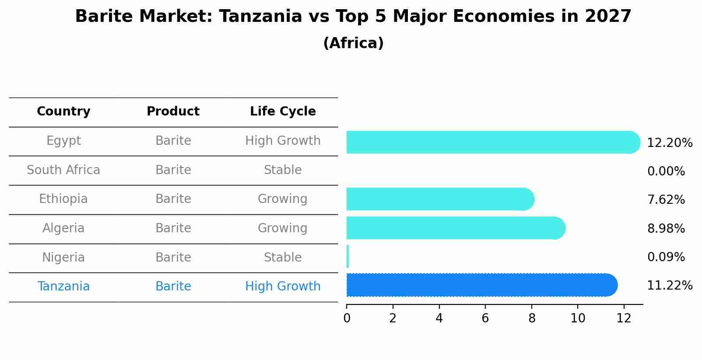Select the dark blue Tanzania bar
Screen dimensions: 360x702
[481, 285]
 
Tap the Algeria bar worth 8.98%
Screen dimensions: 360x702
[455, 228]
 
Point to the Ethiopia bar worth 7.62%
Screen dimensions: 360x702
[440, 199]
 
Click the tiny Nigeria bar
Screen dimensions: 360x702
[348, 256]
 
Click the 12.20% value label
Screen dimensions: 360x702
[670, 143]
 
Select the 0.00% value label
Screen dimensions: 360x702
[666, 171]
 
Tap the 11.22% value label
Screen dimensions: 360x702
[670, 286]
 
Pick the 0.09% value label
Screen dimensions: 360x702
[666, 257]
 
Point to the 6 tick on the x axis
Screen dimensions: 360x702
[485, 318]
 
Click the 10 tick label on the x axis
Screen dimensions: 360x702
[578, 318]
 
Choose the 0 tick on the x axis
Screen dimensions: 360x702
[347, 318]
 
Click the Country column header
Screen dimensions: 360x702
[63, 112]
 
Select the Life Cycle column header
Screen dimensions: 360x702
[283, 112]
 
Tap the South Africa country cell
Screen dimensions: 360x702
[63, 170]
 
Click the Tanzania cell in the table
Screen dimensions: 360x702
[63, 287]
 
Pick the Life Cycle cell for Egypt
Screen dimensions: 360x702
[283, 141]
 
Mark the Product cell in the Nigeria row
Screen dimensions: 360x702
[173, 257]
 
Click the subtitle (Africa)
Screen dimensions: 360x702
[353, 43]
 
